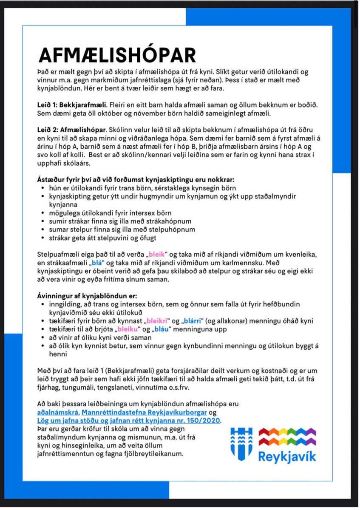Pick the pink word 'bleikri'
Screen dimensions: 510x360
tap(158, 321)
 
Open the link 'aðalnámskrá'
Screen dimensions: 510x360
tap(57, 412)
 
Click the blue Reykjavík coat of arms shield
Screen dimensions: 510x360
tap(241, 445)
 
